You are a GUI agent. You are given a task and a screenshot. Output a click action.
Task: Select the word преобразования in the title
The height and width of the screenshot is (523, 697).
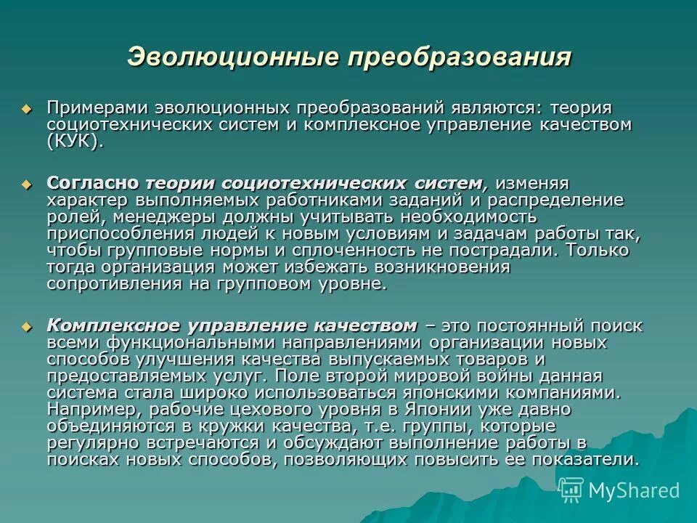click(x=458, y=57)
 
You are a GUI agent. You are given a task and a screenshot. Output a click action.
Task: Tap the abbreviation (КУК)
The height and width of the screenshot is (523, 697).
click(x=75, y=141)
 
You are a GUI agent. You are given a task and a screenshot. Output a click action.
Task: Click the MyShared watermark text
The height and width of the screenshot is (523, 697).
click(x=634, y=490)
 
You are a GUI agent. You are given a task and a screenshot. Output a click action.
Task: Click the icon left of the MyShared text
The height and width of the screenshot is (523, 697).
click(x=571, y=490)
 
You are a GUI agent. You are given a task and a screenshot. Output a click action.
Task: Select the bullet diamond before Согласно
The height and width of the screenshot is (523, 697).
click(x=28, y=183)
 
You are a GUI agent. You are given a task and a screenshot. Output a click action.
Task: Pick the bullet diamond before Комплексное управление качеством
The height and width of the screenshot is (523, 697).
click(x=28, y=326)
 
